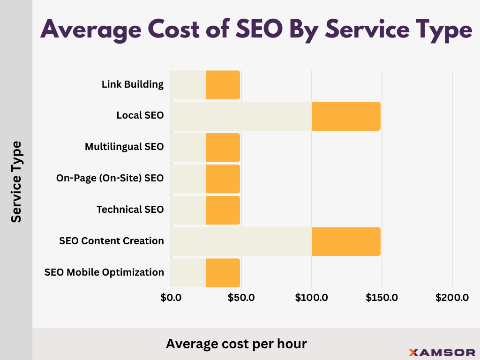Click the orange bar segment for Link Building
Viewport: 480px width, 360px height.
223,85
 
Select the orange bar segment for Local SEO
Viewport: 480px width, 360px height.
346,116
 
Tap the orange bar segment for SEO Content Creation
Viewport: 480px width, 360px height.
346,241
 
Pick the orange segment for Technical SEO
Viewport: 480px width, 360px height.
223,210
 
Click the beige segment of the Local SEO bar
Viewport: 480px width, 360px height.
241,116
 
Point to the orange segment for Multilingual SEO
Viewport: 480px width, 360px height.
223,148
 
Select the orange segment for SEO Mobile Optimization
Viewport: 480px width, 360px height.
223,273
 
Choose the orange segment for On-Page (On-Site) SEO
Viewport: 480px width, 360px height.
223,179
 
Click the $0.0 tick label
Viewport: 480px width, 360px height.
171,297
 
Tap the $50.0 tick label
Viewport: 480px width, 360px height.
241,297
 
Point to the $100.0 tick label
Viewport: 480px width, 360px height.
312,297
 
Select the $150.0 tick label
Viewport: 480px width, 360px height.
382,297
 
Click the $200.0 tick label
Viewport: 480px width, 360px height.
452,297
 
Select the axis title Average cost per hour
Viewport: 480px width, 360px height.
236,344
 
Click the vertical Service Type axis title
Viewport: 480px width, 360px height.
16,181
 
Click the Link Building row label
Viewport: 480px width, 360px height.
133,84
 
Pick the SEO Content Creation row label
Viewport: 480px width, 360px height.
112,241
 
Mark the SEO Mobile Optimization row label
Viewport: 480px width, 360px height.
104,272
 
